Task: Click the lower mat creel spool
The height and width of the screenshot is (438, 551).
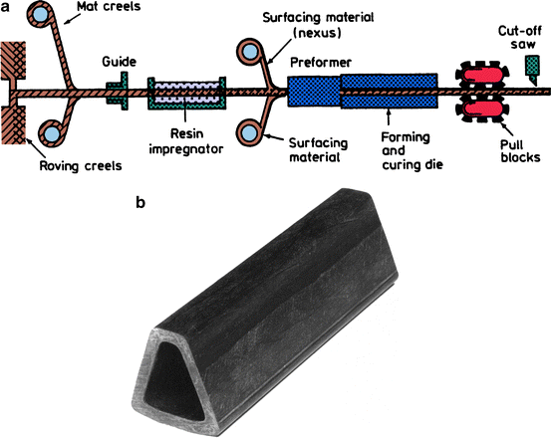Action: point(50,131)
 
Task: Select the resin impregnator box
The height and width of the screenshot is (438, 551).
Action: point(185,95)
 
